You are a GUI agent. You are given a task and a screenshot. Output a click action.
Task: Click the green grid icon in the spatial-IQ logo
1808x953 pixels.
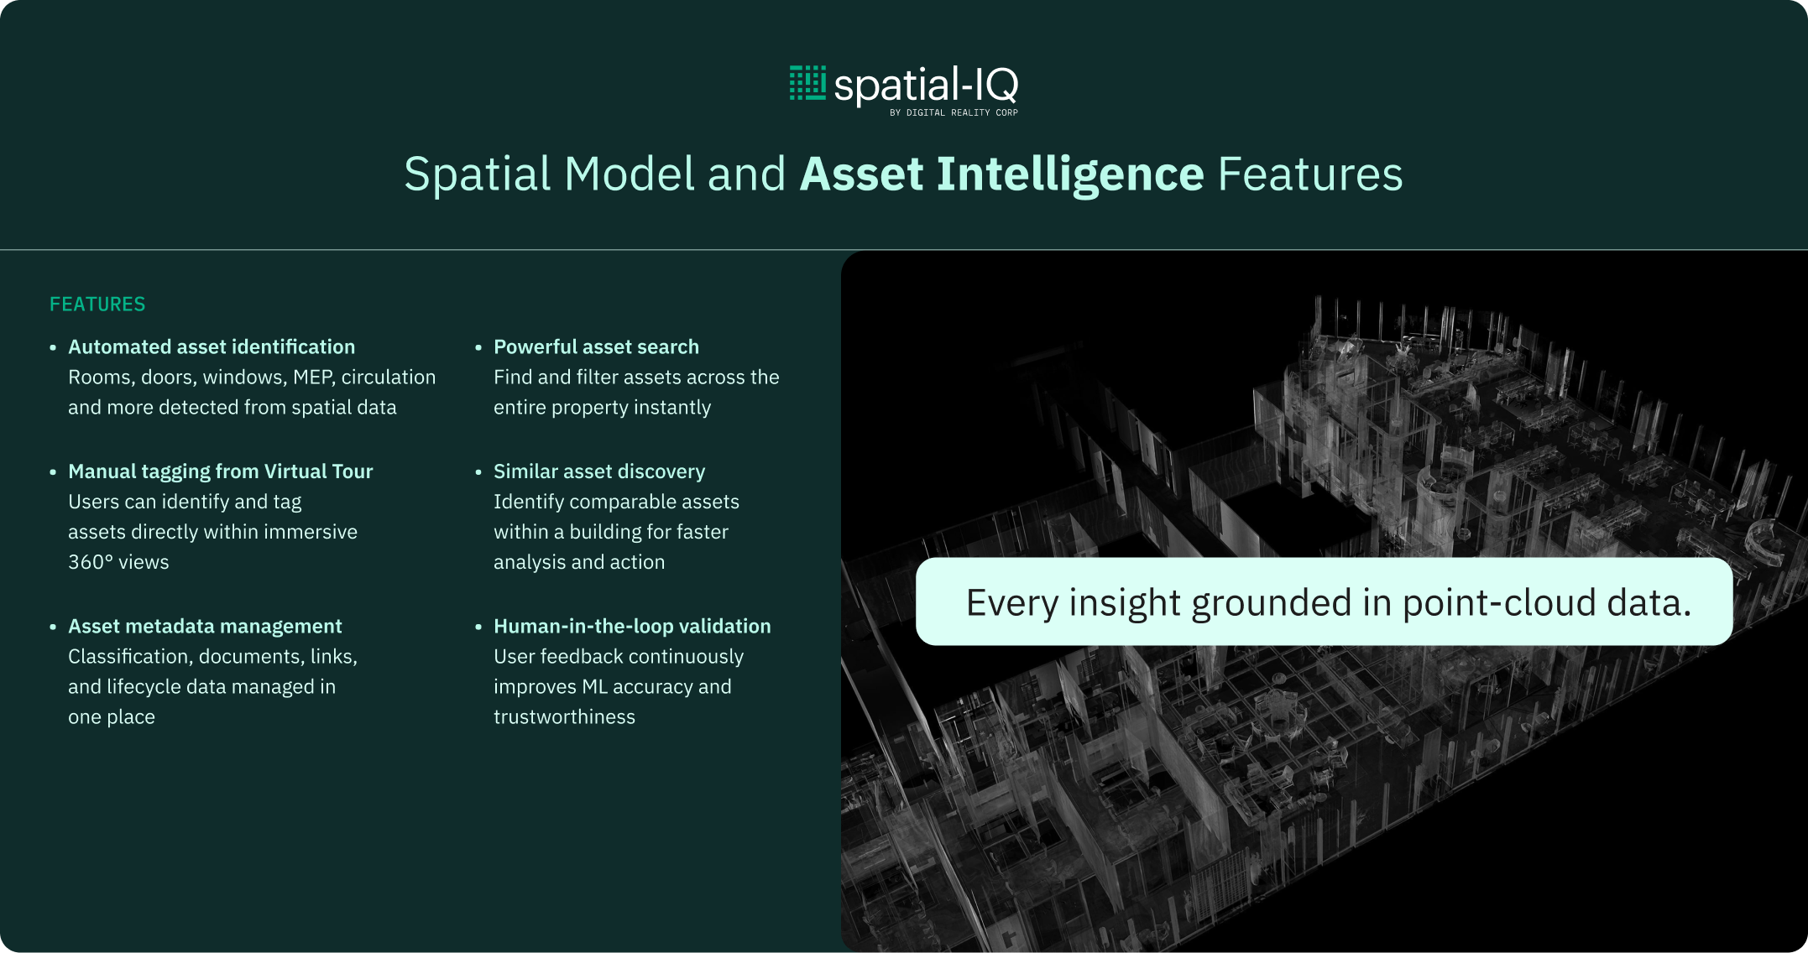(x=807, y=82)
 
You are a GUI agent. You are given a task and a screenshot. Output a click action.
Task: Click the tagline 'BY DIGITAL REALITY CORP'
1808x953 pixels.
(x=954, y=112)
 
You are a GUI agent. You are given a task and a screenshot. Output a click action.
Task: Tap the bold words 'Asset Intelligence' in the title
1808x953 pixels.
(x=1002, y=174)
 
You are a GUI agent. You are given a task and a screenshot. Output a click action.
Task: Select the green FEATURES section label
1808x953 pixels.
(x=97, y=305)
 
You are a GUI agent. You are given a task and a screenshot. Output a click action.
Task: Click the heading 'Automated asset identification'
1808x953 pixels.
(x=212, y=346)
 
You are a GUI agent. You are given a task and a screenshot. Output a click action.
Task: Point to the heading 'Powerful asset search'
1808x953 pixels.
(x=596, y=346)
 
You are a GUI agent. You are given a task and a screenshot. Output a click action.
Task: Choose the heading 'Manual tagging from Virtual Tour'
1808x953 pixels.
(x=221, y=471)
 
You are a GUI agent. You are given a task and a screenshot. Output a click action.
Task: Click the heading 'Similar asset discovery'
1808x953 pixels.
(x=599, y=471)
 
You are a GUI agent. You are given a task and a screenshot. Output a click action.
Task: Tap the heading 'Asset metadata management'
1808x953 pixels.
(x=205, y=627)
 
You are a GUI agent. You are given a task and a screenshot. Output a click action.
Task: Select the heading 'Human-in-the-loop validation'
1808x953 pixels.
(x=632, y=627)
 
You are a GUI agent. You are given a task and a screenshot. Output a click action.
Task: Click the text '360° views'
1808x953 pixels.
(x=118, y=562)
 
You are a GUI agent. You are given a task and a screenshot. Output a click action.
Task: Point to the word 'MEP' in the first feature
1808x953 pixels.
(x=314, y=378)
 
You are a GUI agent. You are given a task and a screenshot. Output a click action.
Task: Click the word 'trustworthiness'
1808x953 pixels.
(x=564, y=717)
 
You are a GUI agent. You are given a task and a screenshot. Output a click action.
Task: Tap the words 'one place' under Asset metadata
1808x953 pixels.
(x=112, y=717)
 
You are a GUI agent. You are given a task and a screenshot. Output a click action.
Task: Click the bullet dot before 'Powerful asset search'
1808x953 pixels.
(x=478, y=347)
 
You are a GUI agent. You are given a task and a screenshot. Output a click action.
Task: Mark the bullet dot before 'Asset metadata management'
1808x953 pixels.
(x=53, y=627)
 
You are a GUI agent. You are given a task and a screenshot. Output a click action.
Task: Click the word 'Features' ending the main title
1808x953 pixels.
(x=1310, y=174)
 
